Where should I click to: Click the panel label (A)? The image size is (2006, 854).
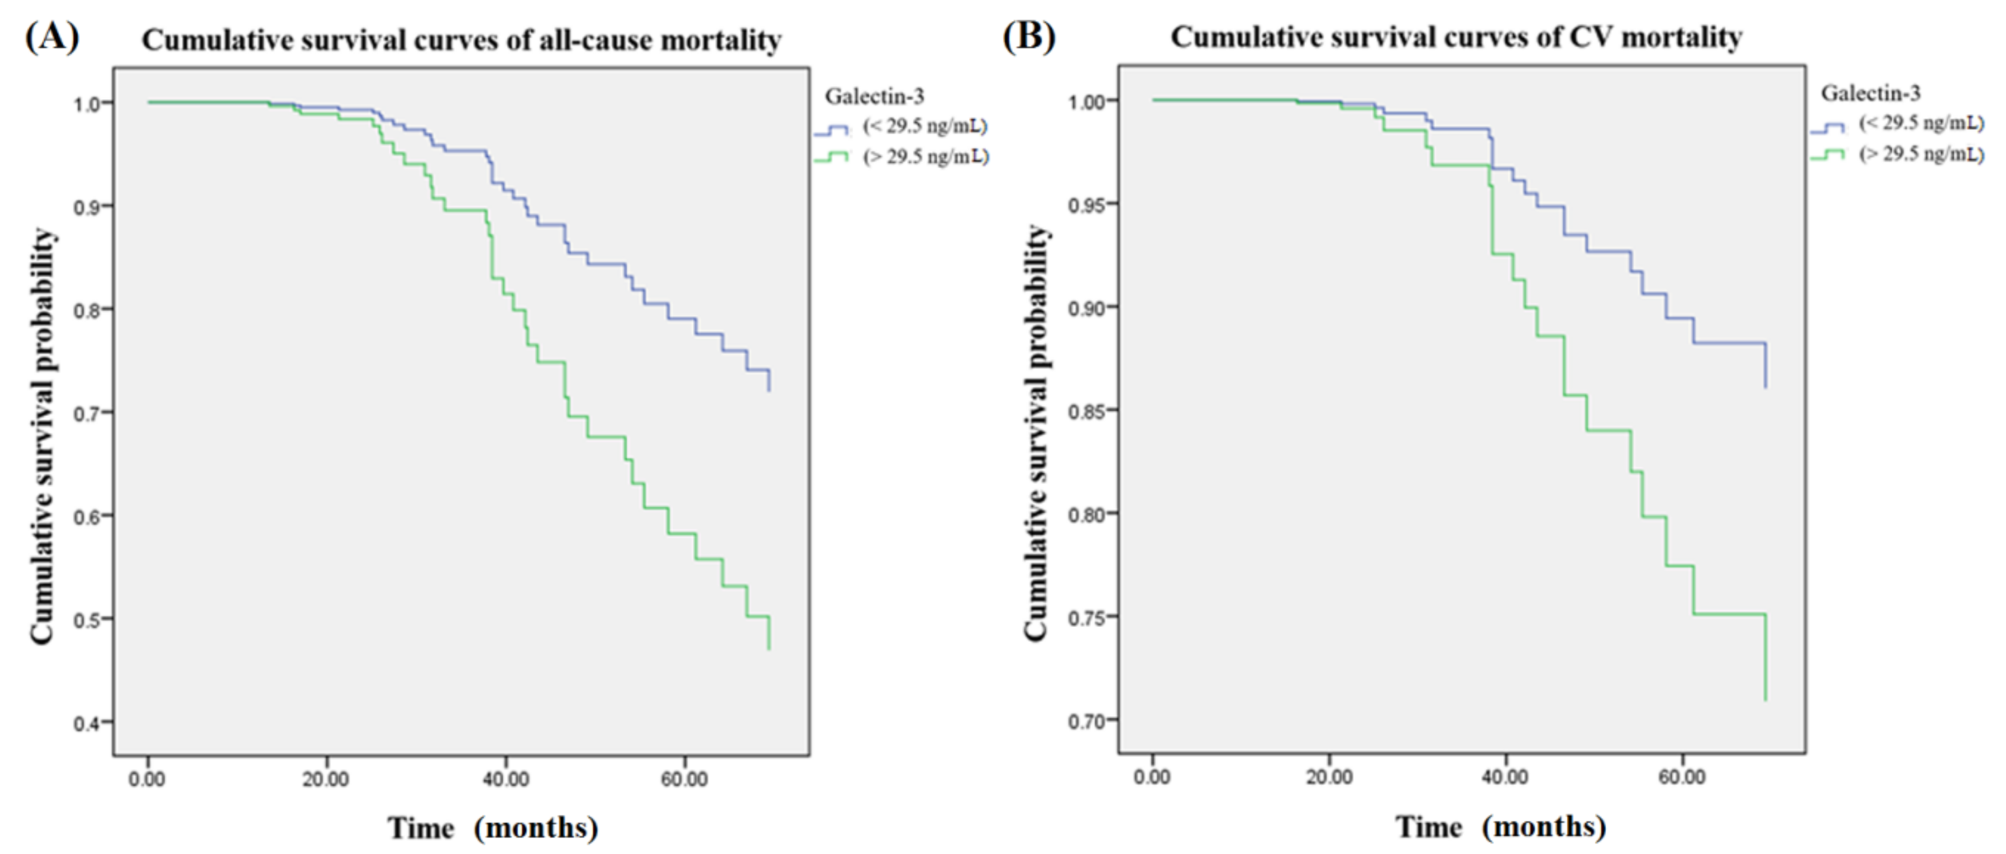[52, 37]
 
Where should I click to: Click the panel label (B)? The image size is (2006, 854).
[1029, 36]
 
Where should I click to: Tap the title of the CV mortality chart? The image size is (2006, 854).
[1456, 37]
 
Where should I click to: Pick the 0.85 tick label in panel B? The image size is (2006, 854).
[1086, 411]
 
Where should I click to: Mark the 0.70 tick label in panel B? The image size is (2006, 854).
[1086, 720]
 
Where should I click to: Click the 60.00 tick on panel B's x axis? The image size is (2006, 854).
[1682, 776]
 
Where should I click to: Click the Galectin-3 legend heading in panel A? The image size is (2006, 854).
[874, 97]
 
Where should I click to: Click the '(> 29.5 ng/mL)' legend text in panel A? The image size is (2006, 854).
[926, 157]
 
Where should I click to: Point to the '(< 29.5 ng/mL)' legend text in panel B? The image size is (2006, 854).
[1922, 123]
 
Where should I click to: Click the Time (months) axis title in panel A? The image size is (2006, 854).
[493, 828]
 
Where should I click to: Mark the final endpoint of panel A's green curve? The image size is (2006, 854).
[770, 649]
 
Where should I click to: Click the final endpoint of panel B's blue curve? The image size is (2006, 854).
[1766, 387]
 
